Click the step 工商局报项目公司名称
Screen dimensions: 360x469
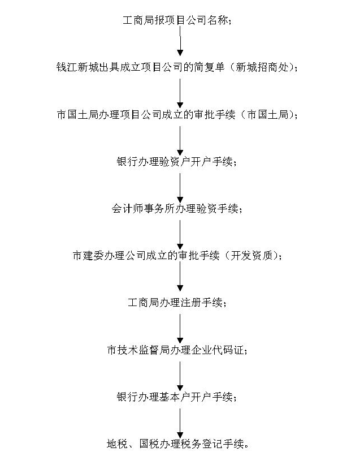[177, 20]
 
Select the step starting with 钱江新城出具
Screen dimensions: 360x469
[177, 67]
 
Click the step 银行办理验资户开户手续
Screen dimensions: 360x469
[177, 162]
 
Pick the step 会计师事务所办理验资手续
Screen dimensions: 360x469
[177, 209]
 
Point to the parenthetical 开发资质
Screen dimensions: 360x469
[251, 256]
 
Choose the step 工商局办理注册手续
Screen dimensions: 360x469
[177, 303]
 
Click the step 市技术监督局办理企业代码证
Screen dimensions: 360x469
[177, 350]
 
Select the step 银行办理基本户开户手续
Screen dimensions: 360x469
[177, 397]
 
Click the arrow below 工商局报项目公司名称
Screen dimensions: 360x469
[180, 41]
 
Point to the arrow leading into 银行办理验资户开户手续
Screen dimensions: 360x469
[180, 140]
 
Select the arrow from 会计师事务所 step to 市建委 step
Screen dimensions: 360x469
[180, 235]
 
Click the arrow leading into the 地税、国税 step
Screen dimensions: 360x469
[180, 423]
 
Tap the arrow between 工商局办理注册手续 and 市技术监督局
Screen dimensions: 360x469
[180, 329]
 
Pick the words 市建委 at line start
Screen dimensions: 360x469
[88, 256]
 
